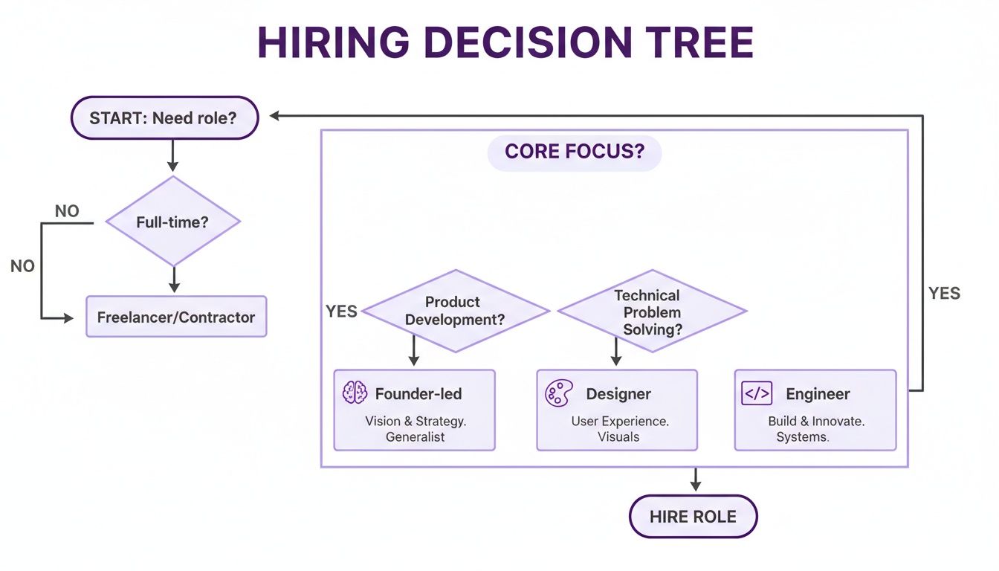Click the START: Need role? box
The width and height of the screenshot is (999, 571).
tap(164, 117)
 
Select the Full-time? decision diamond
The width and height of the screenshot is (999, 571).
tap(173, 222)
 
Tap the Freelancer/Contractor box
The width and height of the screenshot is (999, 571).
tap(176, 317)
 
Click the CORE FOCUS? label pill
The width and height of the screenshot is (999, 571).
tap(574, 152)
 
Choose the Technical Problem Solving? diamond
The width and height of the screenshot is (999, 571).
tap(651, 312)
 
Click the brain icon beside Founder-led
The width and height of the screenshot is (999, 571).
tap(355, 393)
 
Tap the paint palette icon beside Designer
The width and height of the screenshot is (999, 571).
tap(558, 393)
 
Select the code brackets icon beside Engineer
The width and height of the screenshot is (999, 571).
tap(757, 393)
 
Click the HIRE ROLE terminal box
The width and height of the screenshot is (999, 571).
tap(693, 517)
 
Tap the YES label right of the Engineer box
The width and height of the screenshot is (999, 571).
tap(944, 294)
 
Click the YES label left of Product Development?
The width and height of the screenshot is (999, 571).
tap(341, 312)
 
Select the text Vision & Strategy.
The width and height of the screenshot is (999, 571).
tap(416, 421)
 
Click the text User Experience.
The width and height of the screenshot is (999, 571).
tap(619, 421)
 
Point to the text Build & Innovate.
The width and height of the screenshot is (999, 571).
tap(815, 421)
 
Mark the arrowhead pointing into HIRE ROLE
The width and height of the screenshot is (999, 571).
tap(695, 485)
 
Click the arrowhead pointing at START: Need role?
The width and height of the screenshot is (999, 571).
tap(274, 116)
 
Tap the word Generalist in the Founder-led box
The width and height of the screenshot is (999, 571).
tap(415, 437)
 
